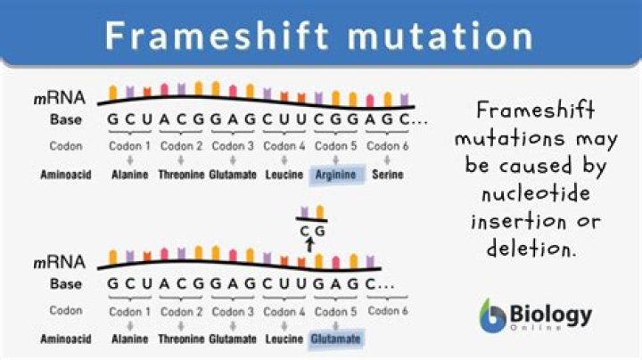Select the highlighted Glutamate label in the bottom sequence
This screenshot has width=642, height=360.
pyautogui.click(x=337, y=340)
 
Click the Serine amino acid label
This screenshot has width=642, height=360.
pyautogui.click(x=388, y=175)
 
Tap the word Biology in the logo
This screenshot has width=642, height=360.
pyautogui.click(x=549, y=314)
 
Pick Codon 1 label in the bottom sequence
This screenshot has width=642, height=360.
pyautogui.click(x=130, y=311)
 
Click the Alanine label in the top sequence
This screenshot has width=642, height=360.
pyautogui.click(x=130, y=175)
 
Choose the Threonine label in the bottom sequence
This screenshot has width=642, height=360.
pyautogui.click(x=181, y=340)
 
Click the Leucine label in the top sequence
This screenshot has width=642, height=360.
pyautogui.click(x=285, y=175)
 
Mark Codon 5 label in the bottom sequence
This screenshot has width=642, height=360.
pyautogui.click(x=337, y=311)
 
